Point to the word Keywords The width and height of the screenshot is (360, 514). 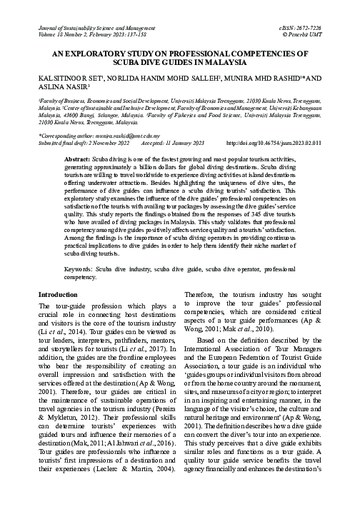pos(80,229)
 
